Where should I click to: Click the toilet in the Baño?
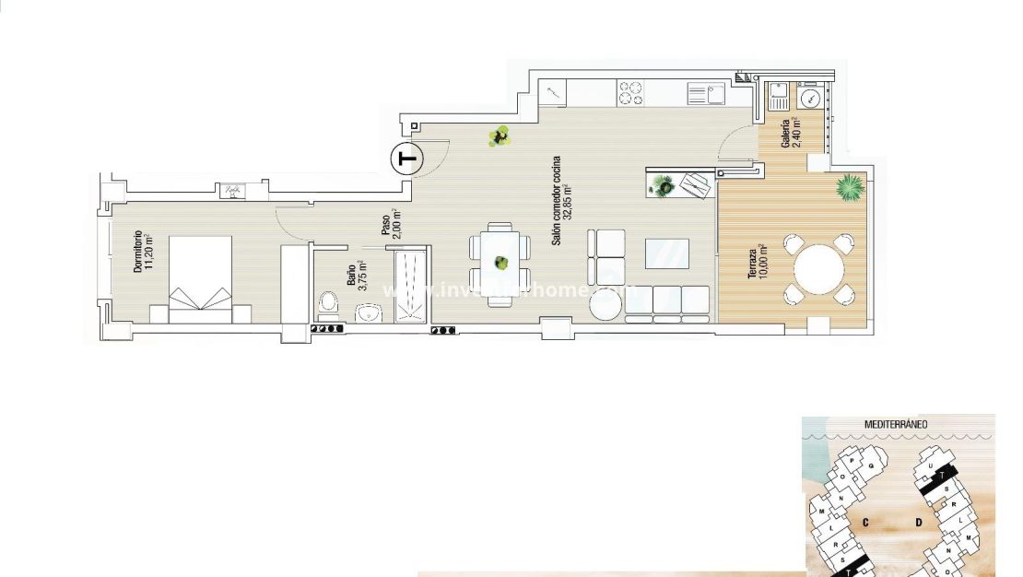pyautogui.click(x=328, y=301)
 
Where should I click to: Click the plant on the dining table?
pyautogui.click(x=500, y=262)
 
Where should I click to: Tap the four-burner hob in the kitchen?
pyautogui.click(x=630, y=92)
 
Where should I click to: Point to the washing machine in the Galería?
pyautogui.click(x=809, y=97)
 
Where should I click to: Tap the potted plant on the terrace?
pyautogui.click(x=848, y=188)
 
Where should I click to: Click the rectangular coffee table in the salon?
pyautogui.click(x=666, y=252)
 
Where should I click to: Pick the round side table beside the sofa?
pyautogui.click(x=608, y=307)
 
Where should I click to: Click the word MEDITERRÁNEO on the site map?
pyautogui.click(x=896, y=424)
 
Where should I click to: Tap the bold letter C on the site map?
pyautogui.click(x=866, y=522)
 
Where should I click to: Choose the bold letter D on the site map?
pyautogui.click(x=919, y=523)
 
